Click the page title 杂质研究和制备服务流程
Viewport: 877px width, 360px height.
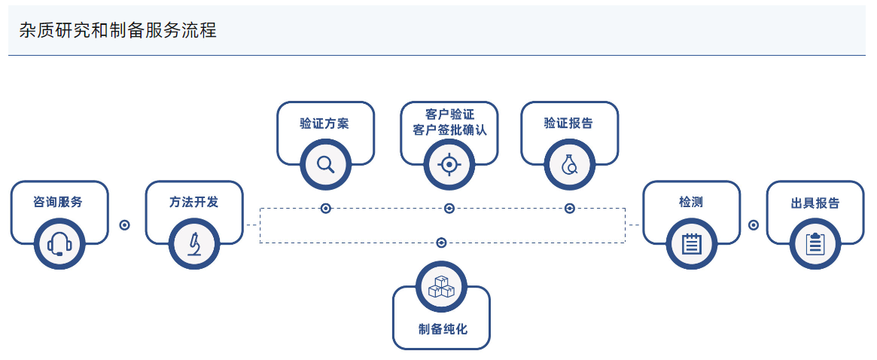[x=118, y=31]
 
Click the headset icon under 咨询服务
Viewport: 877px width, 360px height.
[x=59, y=243]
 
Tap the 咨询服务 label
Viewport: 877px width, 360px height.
[x=58, y=202]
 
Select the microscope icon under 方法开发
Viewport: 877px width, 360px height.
[x=194, y=243]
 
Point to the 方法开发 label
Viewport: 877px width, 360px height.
[x=194, y=202]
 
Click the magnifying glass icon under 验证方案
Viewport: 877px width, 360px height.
[x=325, y=164]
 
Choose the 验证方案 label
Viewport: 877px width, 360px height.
[x=324, y=123]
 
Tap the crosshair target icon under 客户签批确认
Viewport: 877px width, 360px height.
[x=449, y=164]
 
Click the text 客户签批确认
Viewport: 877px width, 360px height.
[x=449, y=130]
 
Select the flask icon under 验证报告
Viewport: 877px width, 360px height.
[x=570, y=164]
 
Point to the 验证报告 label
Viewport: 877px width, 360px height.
[x=569, y=123]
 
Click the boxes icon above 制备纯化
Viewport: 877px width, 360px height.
[x=441, y=287]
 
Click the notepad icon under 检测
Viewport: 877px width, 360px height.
[x=692, y=243]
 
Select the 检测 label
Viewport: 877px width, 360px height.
[x=691, y=202]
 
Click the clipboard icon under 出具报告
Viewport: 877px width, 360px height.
[x=815, y=243]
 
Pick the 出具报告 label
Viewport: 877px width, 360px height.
[x=815, y=203]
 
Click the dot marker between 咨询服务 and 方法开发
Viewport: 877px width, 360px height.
[x=125, y=224]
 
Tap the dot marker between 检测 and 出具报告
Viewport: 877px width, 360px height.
[x=754, y=224]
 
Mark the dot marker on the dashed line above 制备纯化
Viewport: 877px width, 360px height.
[x=442, y=243]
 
